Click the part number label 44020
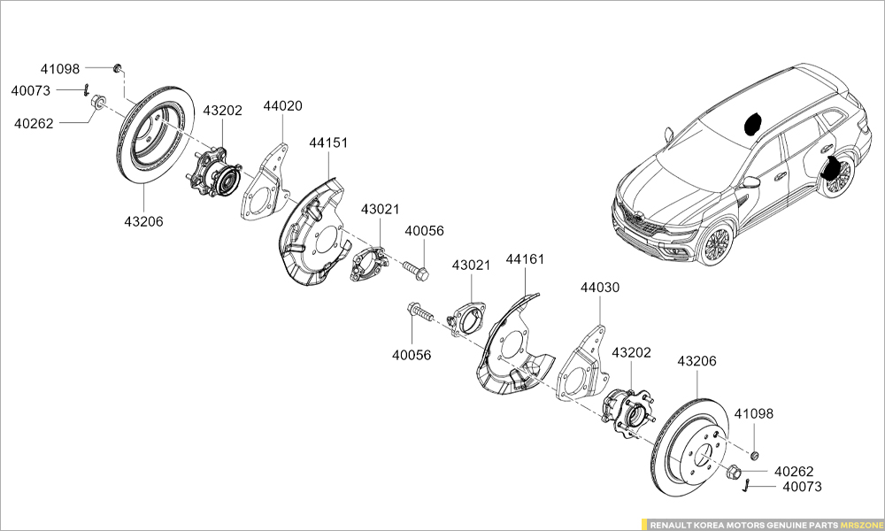tap(282, 106)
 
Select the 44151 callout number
tap(328, 142)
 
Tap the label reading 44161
tap(525, 259)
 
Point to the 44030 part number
tap(600, 288)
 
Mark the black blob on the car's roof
tap(754, 123)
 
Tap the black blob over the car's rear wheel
tap(832, 166)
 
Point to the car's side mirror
tap(751, 181)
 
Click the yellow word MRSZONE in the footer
tap(858, 524)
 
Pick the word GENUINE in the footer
tap(782, 524)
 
